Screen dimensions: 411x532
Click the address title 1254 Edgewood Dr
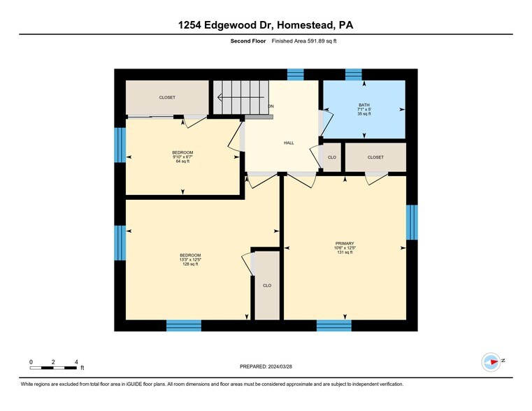tap(266, 26)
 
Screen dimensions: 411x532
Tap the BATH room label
tap(364, 105)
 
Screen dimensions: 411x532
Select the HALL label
tap(289, 143)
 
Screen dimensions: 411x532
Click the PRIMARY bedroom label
tap(345, 243)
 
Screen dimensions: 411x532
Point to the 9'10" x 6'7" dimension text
tap(182, 157)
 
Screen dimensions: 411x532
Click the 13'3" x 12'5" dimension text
tap(190, 259)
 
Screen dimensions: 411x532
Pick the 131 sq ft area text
tap(345, 252)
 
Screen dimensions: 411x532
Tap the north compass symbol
tap(491, 361)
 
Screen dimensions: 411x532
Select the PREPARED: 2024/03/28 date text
tap(266, 366)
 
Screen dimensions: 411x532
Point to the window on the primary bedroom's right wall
tap(412, 222)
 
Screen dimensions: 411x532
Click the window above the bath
tap(353, 74)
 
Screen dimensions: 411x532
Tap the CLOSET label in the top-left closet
tap(167, 97)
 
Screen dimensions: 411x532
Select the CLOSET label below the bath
tap(375, 157)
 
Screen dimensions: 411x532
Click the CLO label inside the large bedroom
tap(267, 285)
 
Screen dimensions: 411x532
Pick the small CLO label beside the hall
tap(332, 157)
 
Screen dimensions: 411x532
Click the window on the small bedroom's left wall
tap(120, 145)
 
